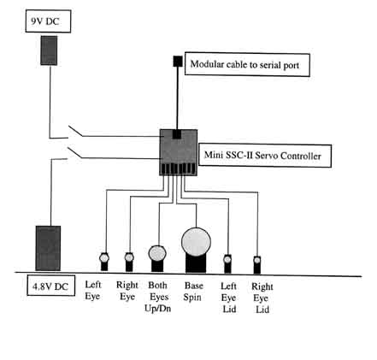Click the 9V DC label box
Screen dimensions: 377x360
coord(48,21)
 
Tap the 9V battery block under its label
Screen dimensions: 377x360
coord(49,50)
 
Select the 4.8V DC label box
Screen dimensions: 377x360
coord(51,286)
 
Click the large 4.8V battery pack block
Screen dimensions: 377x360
coord(48,248)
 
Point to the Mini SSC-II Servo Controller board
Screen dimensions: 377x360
coord(179,152)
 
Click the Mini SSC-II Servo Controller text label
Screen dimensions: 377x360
coord(262,156)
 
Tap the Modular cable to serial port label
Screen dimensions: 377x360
coord(244,64)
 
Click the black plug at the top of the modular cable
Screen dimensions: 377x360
coord(178,62)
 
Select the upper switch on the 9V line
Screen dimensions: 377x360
coord(75,131)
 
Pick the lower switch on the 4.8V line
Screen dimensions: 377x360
coord(74,153)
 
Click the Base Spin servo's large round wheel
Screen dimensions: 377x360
coord(196,242)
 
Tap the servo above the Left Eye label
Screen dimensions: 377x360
coord(104,262)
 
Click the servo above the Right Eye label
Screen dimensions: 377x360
coord(129,262)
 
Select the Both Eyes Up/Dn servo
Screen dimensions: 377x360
coord(157,258)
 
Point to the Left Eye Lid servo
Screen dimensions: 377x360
coord(227,263)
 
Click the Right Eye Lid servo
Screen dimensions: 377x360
coord(257,265)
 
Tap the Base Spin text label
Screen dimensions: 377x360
coord(193,292)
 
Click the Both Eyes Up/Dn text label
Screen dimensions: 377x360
coord(158,297)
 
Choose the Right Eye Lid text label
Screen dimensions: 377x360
coord(262,298)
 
